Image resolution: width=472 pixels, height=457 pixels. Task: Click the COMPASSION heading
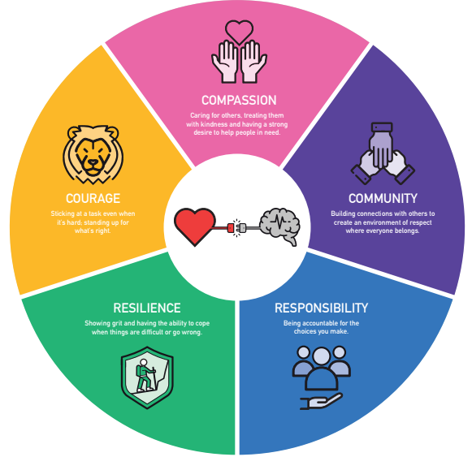tap(239, 100)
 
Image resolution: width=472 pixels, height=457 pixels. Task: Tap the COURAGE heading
tap(93, 199)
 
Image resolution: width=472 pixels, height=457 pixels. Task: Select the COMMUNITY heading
tap(383, 199)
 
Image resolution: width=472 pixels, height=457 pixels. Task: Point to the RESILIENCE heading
tap(147, 308)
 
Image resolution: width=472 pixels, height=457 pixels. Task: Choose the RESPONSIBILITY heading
tap(321, 308)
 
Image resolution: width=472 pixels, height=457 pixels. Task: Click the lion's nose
tap(93, 163)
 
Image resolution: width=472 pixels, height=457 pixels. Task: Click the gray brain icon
tap(280, 226)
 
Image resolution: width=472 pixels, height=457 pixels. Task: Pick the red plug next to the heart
tap(231, 228)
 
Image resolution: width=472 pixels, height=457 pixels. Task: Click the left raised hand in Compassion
tap(225, 62)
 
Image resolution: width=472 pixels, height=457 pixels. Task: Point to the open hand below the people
tap(321, 401)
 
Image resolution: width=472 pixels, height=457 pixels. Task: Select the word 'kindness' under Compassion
tap(214, 124)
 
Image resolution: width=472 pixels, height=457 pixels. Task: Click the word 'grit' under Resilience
tap(117, 323)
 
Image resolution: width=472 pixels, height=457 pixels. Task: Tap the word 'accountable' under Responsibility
tap(320, 323)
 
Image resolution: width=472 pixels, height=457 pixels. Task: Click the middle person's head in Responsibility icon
tap(322, 356)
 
